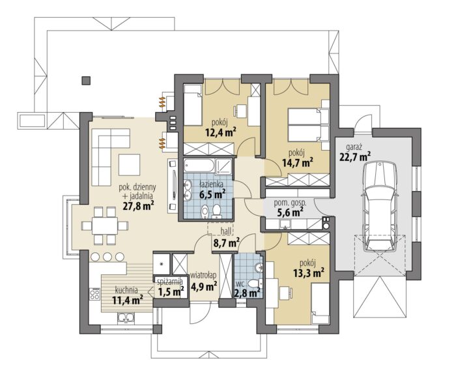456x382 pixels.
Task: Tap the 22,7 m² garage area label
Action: tap(355, 157)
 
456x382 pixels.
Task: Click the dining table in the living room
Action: tap(105, 226)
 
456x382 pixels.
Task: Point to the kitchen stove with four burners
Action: tap(94, 293)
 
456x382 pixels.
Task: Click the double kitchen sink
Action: tap(126, 317)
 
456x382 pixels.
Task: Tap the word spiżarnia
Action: tap(170, 281)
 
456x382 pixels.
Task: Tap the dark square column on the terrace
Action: tap(86, 80)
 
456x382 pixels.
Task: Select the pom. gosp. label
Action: tap(290, 203)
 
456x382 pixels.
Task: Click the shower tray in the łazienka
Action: tap(223, 167)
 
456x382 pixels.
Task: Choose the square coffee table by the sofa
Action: tap(129, 165)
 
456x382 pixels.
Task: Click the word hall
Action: tap(226, 231)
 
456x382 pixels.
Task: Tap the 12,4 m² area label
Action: tap(220, 132)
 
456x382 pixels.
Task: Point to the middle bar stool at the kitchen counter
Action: tap(107, 257)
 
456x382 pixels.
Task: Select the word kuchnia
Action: tap(126, 290)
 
